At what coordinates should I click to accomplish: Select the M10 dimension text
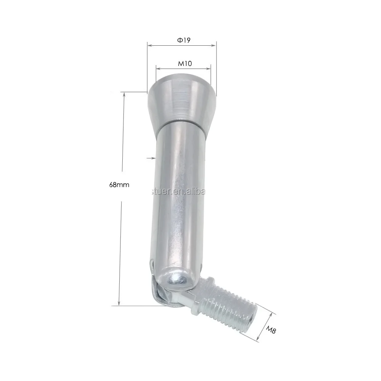[184, 64]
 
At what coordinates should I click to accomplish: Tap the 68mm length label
[120, 185]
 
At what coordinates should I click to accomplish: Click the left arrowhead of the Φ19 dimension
[149, 45]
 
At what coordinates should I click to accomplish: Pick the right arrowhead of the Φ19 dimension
[214, 45]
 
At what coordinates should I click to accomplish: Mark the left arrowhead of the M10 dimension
[158, 69]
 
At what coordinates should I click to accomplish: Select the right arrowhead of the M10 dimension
[209, 69]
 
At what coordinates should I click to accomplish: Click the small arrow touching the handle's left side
[152, 157]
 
